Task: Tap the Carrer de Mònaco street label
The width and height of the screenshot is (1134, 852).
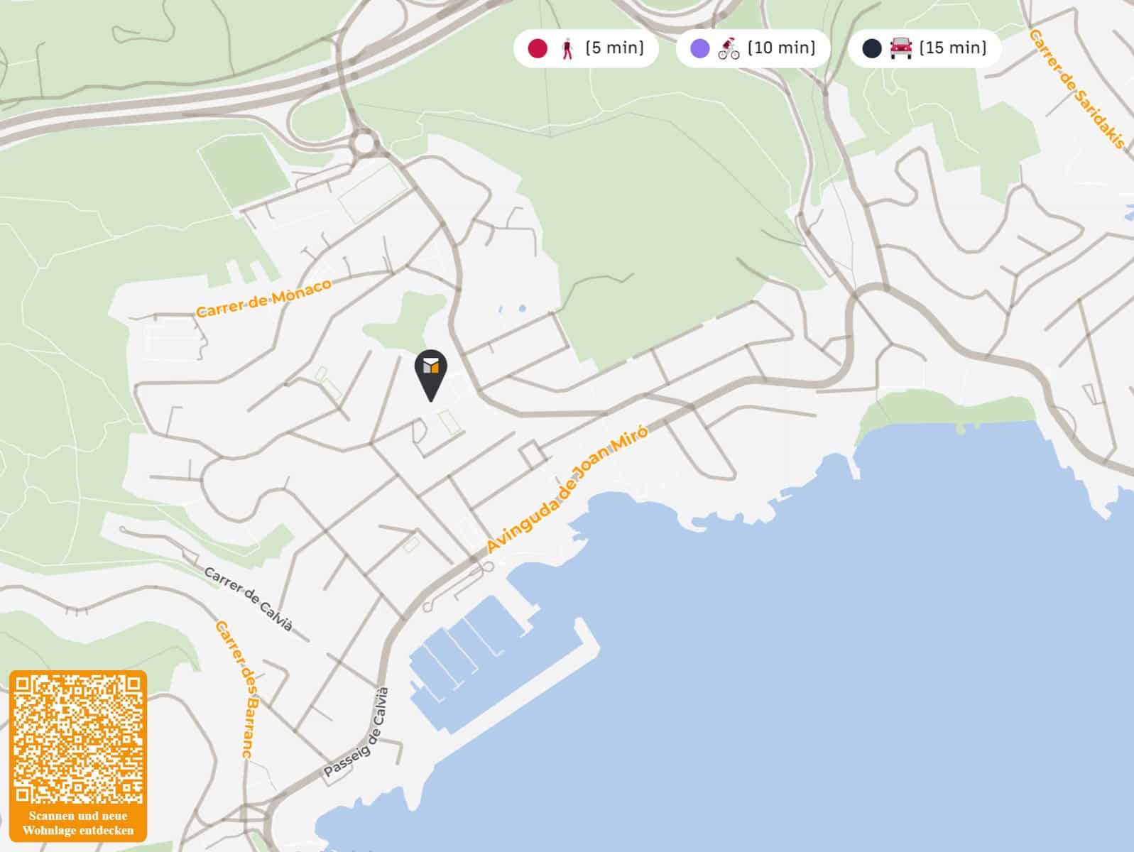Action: [x=263, y=297]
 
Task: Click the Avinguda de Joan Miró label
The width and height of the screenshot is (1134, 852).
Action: [x=567, y=489]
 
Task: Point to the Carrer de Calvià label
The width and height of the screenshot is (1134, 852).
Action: [x=249, y=599]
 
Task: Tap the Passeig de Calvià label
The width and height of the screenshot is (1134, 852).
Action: [x=357, y=733]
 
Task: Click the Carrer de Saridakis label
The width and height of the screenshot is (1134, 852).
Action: [x=1077, y=89]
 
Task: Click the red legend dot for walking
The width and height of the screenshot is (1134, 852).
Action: [x=538, y=48]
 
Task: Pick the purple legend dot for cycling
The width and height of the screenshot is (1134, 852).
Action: [x=700, y=48]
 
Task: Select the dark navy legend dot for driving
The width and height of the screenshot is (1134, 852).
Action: [x=872, y=48]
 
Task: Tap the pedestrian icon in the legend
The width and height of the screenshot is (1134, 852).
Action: [x=567, y=48]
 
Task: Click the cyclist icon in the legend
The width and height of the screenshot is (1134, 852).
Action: [x=729, y=48]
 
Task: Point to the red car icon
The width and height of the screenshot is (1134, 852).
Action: [x=900, y=48]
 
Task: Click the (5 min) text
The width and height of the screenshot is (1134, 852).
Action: [x=615, y=48]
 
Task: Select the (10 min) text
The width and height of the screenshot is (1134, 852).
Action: [x=781, y=48]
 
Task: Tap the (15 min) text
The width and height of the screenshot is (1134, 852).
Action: [x=953, y=48]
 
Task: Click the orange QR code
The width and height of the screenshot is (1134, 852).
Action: [x=78, y=739]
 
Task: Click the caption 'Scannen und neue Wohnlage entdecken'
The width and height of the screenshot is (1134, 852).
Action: [x=78, y=823]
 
